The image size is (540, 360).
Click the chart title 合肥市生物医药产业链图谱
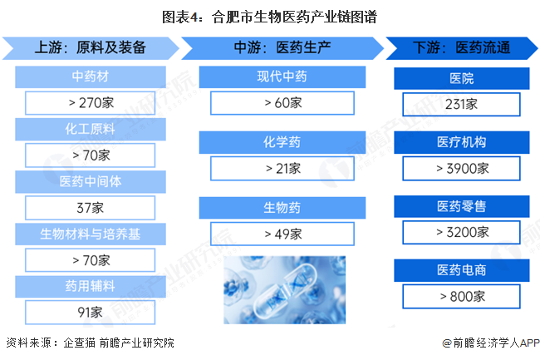(270, 17)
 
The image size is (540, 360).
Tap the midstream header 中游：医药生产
(282, 47)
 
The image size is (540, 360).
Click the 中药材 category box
(91, 77)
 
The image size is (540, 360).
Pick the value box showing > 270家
(91, 103)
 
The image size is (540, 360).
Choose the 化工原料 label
(91, 129)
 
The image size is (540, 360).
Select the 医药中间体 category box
(91, 181)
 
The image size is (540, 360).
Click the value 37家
(91, 207)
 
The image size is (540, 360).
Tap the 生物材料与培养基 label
(91, 234)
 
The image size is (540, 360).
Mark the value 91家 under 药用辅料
(91, 312)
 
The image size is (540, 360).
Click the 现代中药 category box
(282, 77)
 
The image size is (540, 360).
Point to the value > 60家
(282, 103)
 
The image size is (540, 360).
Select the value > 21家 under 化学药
(282, 168)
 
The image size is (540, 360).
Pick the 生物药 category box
(282, 207)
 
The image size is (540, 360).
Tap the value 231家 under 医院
(461, 104)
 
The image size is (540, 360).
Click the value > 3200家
(461, 232)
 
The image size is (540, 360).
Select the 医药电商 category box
(461, 271)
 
